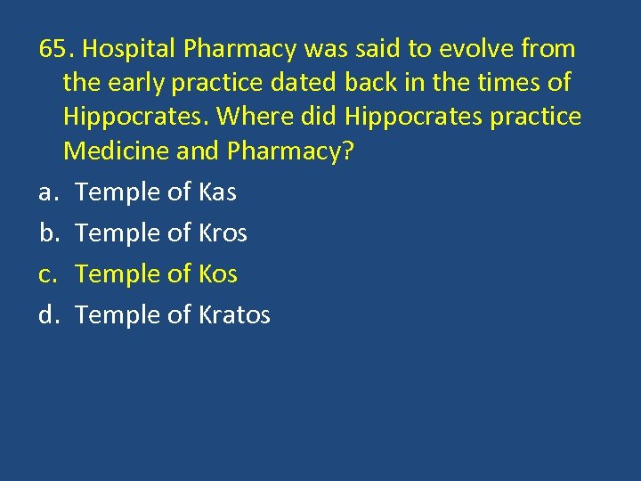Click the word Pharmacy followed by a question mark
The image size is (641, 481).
coord(290,152)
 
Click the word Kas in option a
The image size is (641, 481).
coord(217,192)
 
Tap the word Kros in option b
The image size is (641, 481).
coord(223,233)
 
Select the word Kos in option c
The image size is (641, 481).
coord(218,274)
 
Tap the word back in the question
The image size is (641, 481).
coord(369,84)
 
